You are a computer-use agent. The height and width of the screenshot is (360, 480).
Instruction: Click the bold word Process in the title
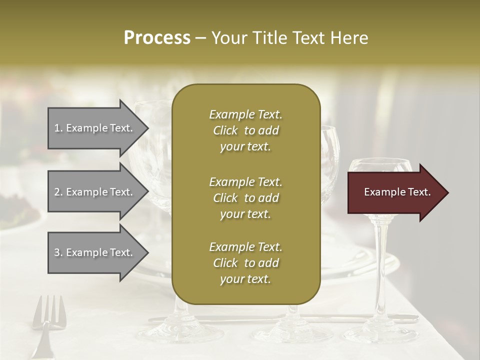pyautogui.click(x=157, y=37)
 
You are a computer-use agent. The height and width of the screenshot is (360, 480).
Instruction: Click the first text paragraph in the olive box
pyautogui.click(x=245, y=130)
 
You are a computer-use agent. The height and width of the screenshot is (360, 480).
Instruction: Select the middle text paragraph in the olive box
pyautogui.click(x=245, y=198)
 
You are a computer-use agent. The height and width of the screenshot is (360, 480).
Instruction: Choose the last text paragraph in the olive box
pyautogui.click(x=245, y=263)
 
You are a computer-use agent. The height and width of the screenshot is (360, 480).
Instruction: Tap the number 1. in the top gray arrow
pyautogui.click(x=58, y=128)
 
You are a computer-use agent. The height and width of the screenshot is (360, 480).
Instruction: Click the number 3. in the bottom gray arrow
pyautogui.click(x=58, y=252)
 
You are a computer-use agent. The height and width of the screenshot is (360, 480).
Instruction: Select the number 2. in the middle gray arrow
pyautogui.click(x=58, y=192)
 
